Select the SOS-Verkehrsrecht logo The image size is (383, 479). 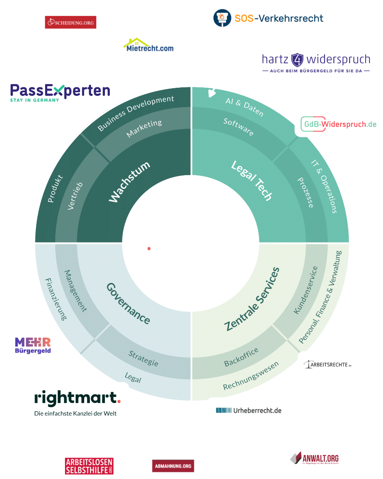[268, 18]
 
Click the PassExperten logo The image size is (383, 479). [60, 92]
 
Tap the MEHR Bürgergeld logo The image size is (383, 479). [33, 345]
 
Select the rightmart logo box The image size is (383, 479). [76, 403]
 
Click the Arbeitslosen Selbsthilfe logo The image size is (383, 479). [89, 466]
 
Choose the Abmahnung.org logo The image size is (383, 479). [172, 466]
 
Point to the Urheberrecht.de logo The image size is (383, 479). [248, 410]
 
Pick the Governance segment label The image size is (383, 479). [128, 303]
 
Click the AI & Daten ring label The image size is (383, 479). [245, 106]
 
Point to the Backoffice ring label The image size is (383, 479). [241, 357]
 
